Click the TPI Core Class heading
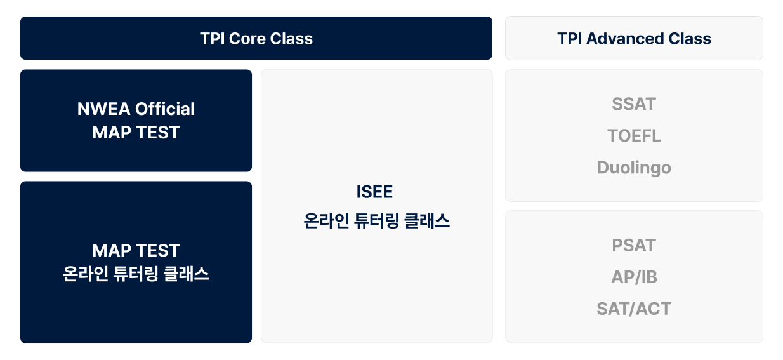(256, 39)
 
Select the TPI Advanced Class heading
(634, 39)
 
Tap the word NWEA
(103, 109)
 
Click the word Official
(165, 109)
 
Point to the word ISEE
(374, 192)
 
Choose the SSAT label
(634, 104)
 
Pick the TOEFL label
(634, 136)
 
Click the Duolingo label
(634, 168)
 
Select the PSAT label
(634, 245)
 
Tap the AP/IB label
(634, 277)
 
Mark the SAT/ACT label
(634, 309)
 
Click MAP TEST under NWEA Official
(136, 133)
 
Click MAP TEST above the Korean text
(136, 251)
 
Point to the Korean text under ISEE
(377, 221)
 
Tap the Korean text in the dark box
(136, 274)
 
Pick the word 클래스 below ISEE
(427, 221)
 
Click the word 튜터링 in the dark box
(136, 274)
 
